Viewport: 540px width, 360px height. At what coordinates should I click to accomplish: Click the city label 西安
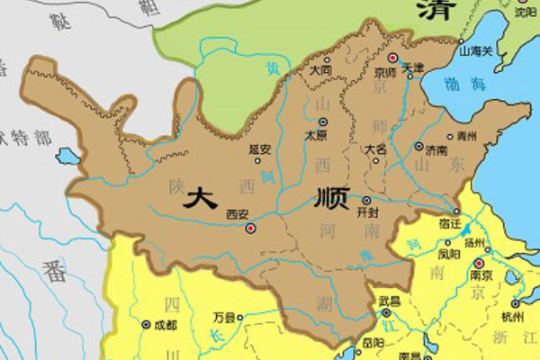237,214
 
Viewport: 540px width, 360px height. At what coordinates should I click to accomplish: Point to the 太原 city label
316,135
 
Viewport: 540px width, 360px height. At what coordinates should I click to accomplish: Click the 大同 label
319,69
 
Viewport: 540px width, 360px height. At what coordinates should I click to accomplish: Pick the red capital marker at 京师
392,58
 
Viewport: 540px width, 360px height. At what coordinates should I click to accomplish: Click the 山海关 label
476,51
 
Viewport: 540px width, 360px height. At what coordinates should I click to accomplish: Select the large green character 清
435,11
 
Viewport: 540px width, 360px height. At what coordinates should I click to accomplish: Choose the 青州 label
467,137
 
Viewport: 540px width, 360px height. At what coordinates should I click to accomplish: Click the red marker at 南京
477,263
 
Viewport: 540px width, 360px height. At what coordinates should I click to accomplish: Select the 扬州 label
474,243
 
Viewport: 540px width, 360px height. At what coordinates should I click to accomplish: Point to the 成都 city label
163,323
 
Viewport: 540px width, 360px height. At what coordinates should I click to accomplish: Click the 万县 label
224,318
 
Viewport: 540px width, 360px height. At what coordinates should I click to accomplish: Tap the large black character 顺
331,200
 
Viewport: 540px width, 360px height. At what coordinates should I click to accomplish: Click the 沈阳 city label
524,13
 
